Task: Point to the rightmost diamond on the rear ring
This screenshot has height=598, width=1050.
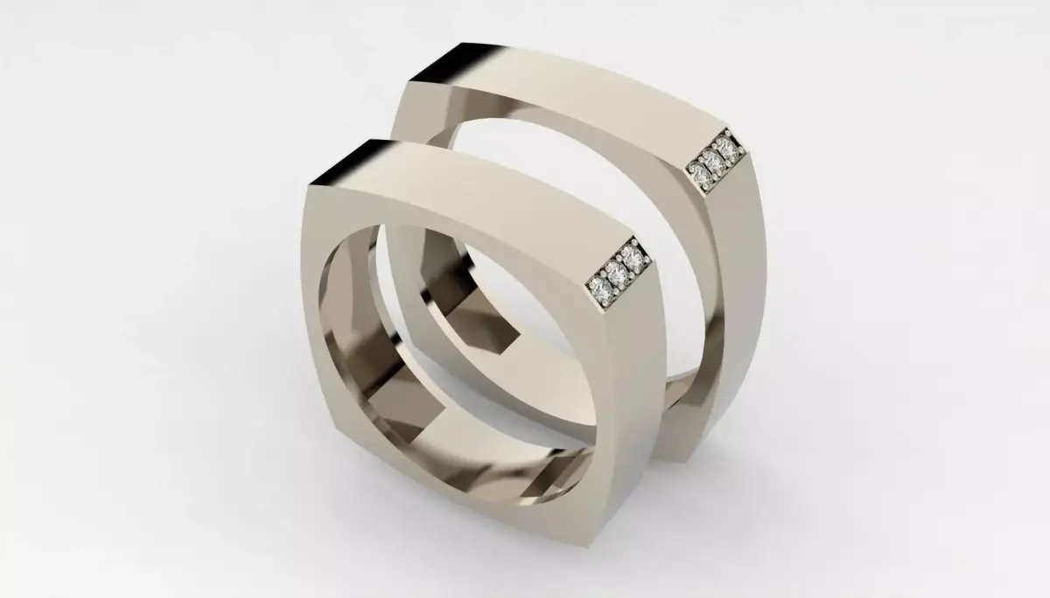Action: tap(724, 144)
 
